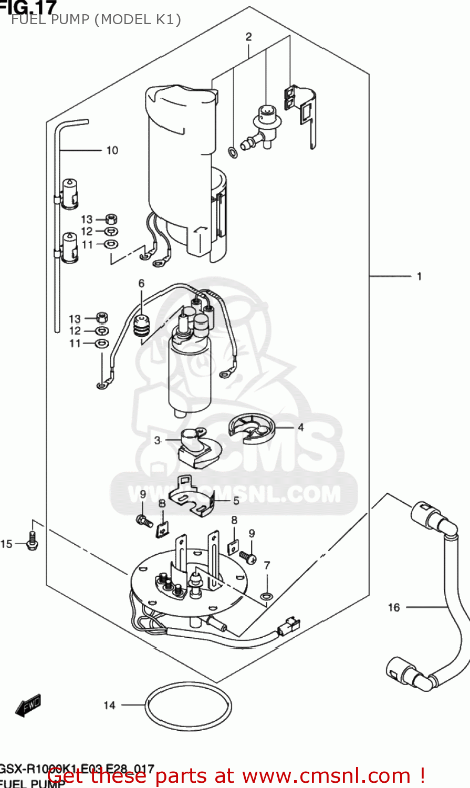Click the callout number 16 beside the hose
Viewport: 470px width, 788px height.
[394, 607]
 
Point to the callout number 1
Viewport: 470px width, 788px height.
[419, 276]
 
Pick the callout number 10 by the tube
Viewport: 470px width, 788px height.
[112, 150]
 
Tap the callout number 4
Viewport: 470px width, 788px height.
[300, 427]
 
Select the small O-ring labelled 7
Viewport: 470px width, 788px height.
[267, 596]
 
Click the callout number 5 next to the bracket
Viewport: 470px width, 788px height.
[236, 501]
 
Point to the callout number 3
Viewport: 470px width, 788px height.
[157, 440]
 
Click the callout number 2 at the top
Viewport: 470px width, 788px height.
[248, 37]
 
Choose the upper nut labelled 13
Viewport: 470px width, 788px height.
[111, 219]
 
